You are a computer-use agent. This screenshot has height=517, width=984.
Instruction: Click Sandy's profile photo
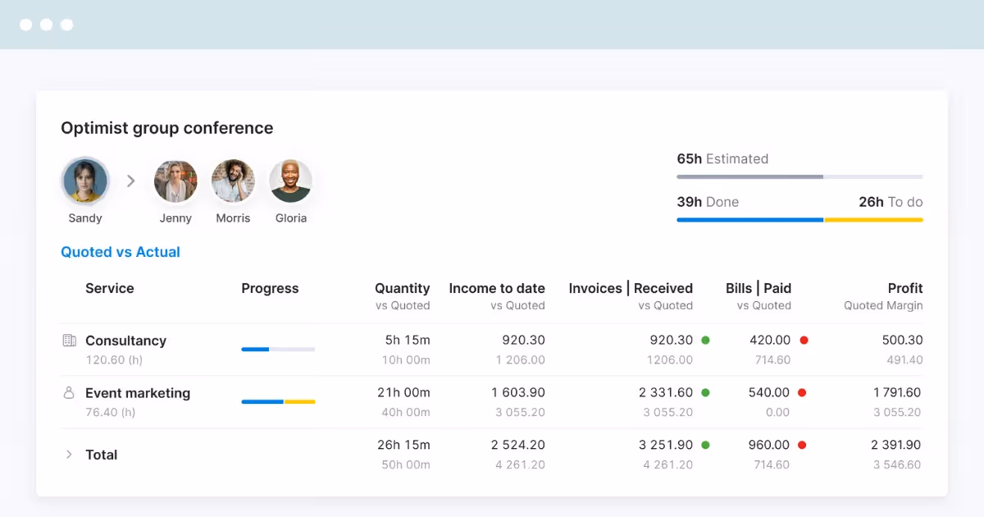[x=85, y=181]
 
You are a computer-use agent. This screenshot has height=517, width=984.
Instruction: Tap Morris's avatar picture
[x=233, y=181]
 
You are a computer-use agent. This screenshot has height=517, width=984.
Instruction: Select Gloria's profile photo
[x=290, y=181]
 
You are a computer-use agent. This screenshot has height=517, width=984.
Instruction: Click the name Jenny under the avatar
[x=175, y=218]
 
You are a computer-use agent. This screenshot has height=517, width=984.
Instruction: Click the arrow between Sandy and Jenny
[x=131, y=181]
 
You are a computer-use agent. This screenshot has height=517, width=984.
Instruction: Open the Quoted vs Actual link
[x=121, y=252]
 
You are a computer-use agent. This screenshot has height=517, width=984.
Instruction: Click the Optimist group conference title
[x=167, y=128]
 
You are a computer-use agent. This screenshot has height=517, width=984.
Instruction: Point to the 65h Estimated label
[x=722, y=158]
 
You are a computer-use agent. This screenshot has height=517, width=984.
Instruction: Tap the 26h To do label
[x=891, y=202]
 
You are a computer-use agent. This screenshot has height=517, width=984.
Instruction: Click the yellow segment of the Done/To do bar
[x=873, y=220]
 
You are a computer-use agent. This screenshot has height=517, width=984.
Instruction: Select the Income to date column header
[x=497, y=288]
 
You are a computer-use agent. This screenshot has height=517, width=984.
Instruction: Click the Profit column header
[x=905, y=288]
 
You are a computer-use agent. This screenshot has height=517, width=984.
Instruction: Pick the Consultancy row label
[x=125, y=341]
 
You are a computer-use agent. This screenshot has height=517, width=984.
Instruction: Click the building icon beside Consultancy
[x=70, y=341]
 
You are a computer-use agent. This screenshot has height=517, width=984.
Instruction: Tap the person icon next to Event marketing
[x=69, y=392]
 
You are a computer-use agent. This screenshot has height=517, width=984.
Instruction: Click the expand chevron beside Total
[x=69, y=454]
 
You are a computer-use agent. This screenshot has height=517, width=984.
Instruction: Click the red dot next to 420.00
[x=804, y=341]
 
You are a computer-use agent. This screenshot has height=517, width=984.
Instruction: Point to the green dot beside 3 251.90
[x=705, y=445]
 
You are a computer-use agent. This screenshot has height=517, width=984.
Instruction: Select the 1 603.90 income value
[x=518, y=392]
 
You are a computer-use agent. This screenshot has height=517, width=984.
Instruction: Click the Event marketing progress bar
[x=278, y=401]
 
